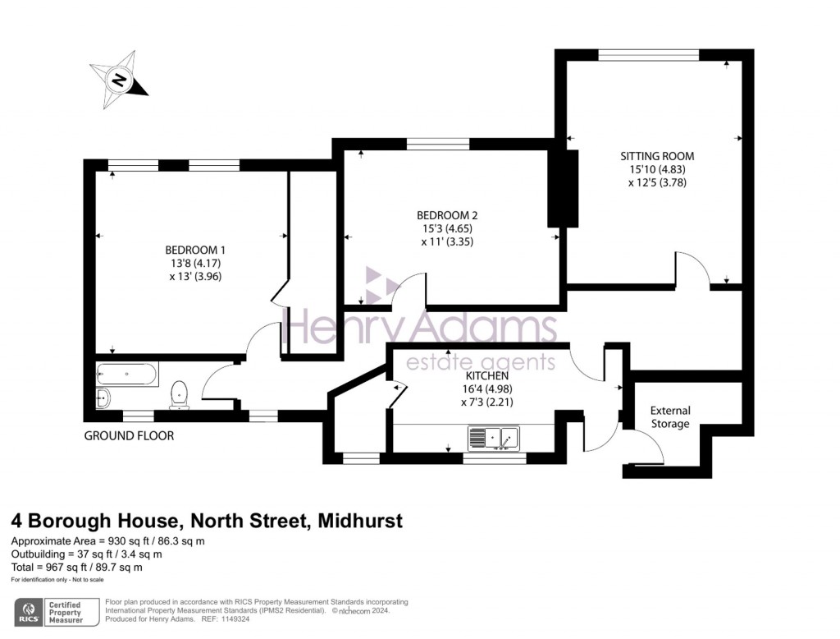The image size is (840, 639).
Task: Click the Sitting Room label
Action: pyautogui.click(x=657, y=156)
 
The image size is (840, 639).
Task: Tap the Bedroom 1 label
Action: pyautogui.click(x=195, y=250)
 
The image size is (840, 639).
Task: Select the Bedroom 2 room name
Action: pyautogui.click(x=447, y=216)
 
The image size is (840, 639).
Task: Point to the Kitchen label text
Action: pyautogui.click(x=487, y=375)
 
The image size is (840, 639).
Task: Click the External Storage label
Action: pyautogui.click(x=670, y=417)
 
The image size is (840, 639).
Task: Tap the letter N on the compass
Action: pyautogui.click(x=119, y=80)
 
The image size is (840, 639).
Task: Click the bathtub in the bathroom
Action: pyautogui.click(x=127, y=374)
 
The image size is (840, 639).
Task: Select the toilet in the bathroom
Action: pyautogui.click(x=180, y=395)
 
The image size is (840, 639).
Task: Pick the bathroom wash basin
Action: pyautogui.click(x=103, y=398)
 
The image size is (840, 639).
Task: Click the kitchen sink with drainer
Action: pyautogui.click(x=493, y=438)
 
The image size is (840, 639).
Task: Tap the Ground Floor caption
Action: pyautogui.click(x=129, y=435)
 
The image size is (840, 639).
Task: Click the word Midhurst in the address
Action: pyautogui.click(x=360, y=521)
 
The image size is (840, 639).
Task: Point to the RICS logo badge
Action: pyautogui.click(x=29, y=612)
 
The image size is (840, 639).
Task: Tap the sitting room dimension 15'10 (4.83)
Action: pyautogui.click(x=657, y=169)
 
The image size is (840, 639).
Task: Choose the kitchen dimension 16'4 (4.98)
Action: pyautogui.click(x=487, y=388)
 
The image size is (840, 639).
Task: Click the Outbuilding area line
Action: pyautogui.click(x=87, y=554)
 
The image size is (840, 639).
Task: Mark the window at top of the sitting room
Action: pyautogui.click(x=649, y=55)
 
